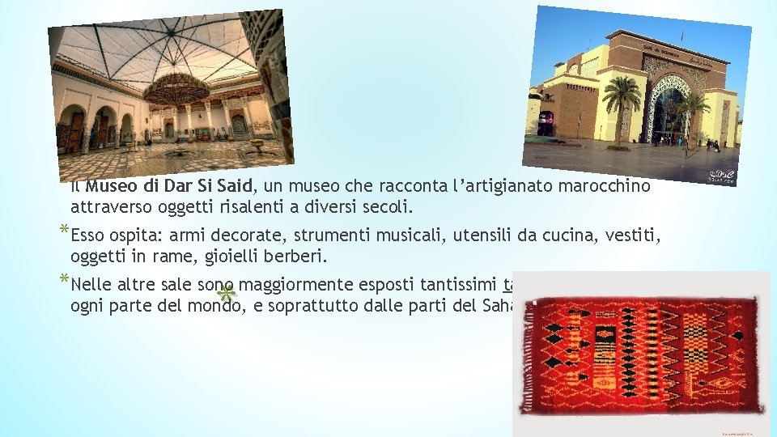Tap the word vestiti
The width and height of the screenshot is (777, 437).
point(634,235)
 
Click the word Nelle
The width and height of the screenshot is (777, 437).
point(91,285)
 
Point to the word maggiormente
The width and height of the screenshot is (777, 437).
point(295,285)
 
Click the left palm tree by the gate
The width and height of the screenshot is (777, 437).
point(622,101)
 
